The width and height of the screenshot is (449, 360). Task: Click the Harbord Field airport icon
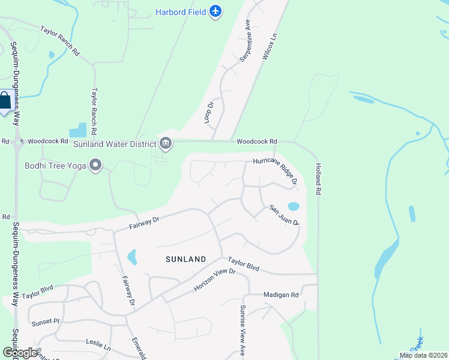[x=216, y=11]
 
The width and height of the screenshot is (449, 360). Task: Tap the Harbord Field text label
[x=181, y=12]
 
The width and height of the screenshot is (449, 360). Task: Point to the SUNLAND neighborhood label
[x=186, y=259]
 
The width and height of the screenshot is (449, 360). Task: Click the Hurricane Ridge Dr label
[x=276, y=170]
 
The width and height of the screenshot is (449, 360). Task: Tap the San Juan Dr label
[x=284, y=215]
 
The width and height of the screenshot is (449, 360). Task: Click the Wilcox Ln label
[x=271, y=45]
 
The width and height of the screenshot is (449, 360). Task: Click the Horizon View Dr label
[x=213, y=280]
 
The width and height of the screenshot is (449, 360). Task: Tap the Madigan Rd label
[x=281, y=295]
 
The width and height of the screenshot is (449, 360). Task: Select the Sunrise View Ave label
[x=243, y=331]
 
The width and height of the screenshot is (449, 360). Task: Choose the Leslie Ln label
[x=98, y=346]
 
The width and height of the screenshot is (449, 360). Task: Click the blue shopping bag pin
[x=5, y=101]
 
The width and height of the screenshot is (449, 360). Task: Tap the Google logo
[x=20, y=353]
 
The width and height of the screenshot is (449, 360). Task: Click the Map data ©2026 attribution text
[x=423, y=355]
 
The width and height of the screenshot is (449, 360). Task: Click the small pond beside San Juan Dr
[x=294, y=206]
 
